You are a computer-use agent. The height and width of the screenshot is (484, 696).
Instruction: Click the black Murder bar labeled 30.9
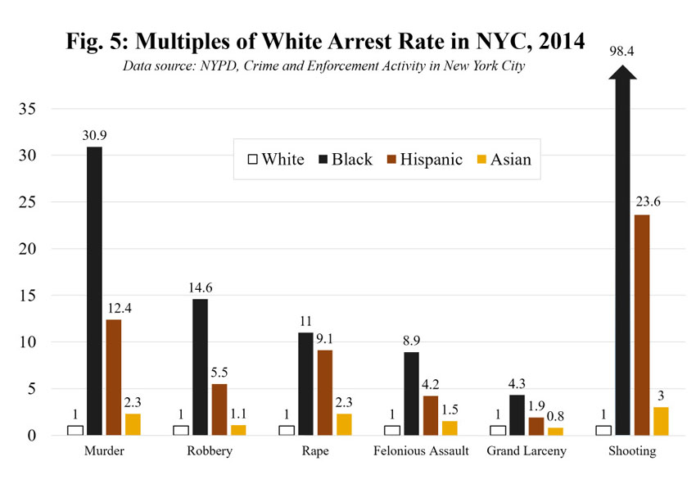(x=94, y=291)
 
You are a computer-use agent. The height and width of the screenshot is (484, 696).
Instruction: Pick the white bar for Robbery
(x=181, y=430)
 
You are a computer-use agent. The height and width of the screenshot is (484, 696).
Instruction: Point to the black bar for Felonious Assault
(x=411, y=393)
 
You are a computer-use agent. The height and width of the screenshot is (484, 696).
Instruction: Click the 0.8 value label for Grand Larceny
(x=556, y=417)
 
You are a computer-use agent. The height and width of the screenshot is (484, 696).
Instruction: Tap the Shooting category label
(x=633, y=452)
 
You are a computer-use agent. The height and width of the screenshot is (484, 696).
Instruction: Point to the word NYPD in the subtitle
(x=215, y=66)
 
